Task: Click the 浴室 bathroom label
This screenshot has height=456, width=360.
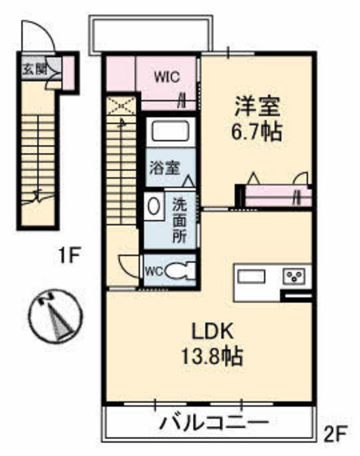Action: pos(164,169)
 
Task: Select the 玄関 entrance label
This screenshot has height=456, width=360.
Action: pos(33,68)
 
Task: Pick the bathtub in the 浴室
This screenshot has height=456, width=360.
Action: pos(170,132)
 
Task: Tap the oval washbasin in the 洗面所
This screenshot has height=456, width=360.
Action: pos(154,204)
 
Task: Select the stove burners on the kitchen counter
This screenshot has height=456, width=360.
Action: pos(294,277)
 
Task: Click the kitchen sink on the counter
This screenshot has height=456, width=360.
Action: pos(254,277)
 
